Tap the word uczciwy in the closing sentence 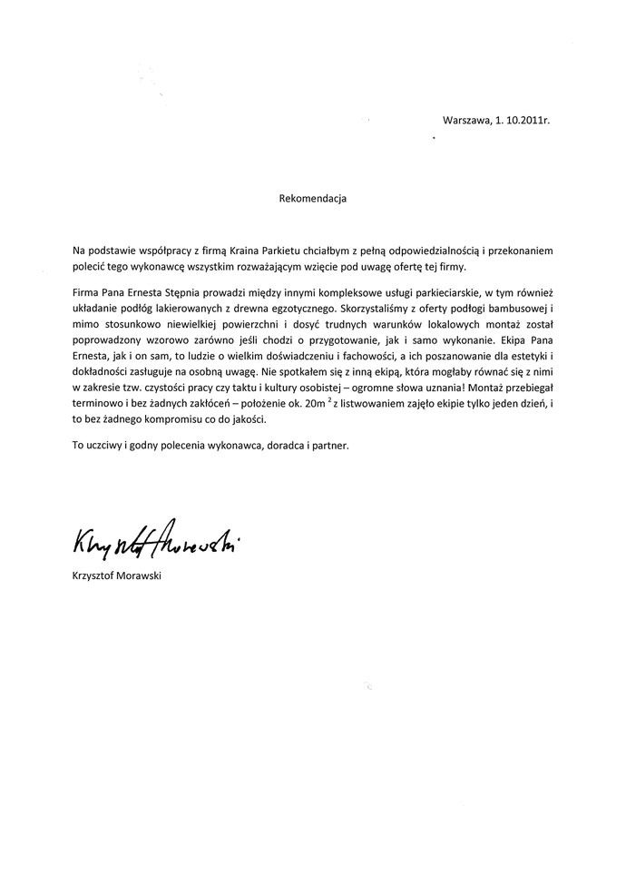(102, 446)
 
